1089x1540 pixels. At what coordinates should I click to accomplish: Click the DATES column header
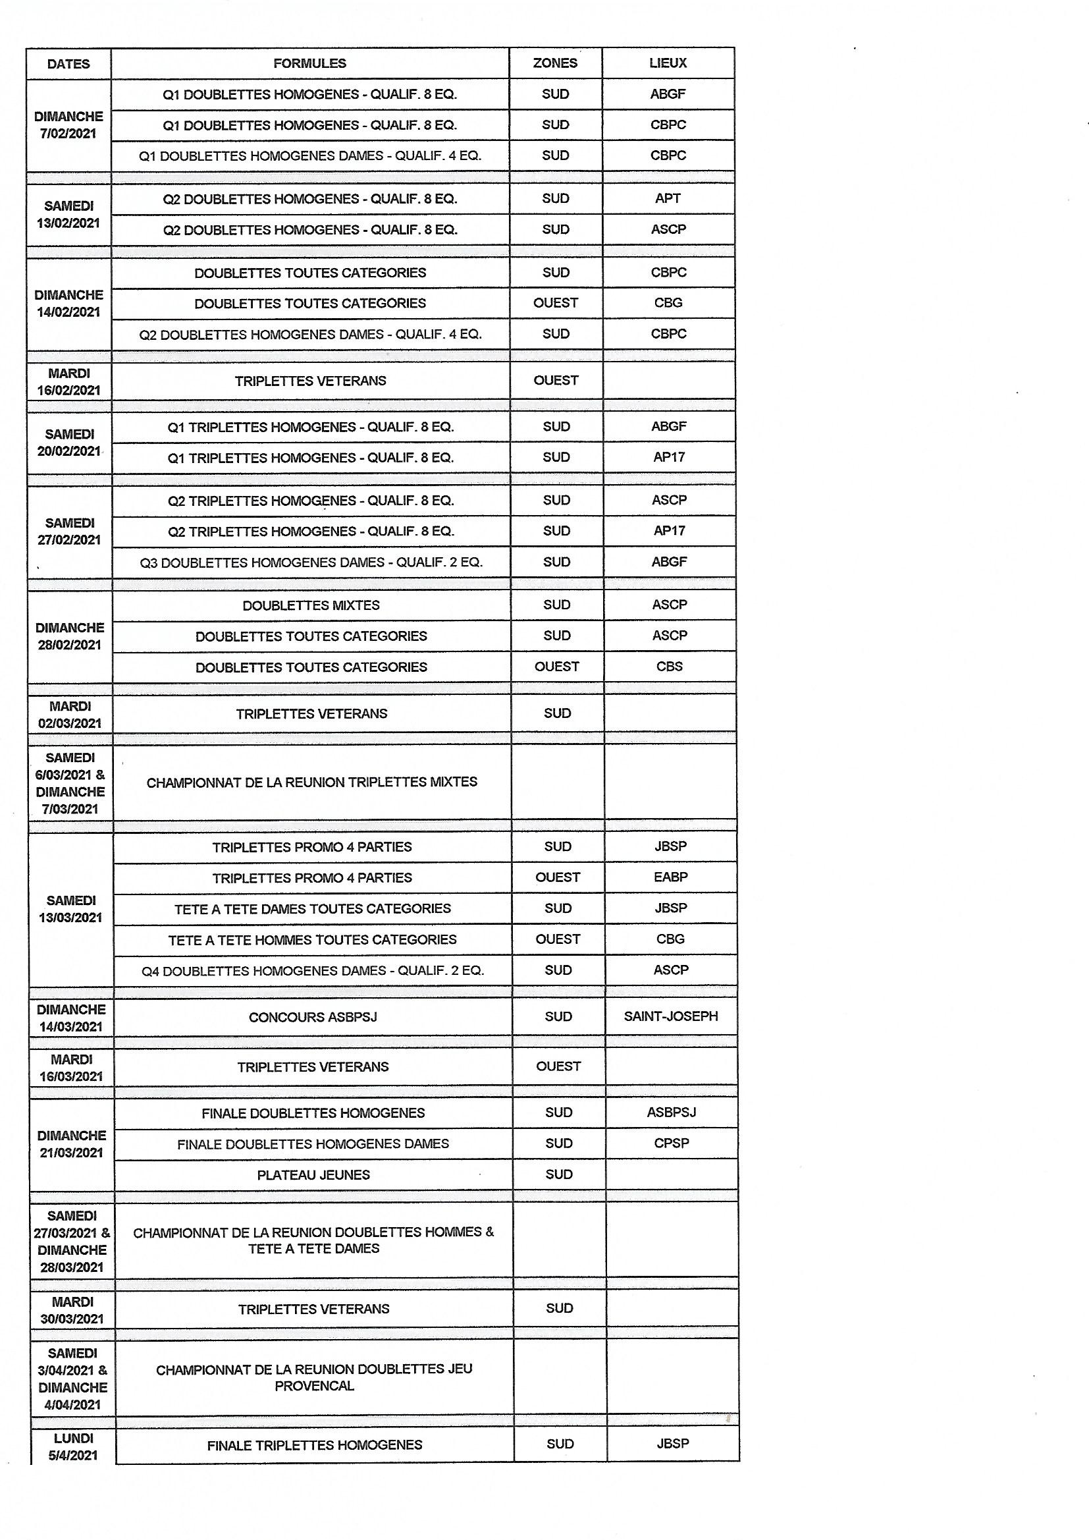point(68,64)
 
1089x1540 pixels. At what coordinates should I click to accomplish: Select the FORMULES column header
point(310,63)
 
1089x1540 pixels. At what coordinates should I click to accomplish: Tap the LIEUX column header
point(668,63)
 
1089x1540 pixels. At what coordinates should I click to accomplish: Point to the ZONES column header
point(555,63)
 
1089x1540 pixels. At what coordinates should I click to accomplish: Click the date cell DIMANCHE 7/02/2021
point(68,124)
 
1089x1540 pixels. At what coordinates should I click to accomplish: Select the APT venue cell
point(668,198)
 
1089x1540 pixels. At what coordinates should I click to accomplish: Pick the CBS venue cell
point(669,667)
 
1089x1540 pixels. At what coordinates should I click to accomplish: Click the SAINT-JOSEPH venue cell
point(670,1016)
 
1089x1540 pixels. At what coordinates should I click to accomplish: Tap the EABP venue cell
point(670,877)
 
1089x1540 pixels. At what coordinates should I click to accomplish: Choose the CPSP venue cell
point(671,1143)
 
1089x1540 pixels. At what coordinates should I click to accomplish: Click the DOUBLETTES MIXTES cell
point(311,605)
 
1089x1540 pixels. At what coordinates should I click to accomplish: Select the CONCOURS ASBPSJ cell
point(313,1018)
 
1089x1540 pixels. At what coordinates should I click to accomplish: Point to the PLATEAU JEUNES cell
point(314,1175)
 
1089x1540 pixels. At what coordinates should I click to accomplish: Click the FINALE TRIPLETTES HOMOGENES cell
point(315,1445)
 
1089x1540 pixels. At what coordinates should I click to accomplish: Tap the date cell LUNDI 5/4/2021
point(72,1446)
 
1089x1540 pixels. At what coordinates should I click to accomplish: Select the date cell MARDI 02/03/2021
point(70,714)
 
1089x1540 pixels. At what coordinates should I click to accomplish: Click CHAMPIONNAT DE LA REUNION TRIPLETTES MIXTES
point(312,782)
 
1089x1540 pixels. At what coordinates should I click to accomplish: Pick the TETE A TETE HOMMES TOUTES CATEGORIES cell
point(313,940)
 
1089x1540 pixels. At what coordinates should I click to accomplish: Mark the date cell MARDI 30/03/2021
point(72,1310)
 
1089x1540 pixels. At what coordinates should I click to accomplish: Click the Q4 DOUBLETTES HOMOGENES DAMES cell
point(313,970)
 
